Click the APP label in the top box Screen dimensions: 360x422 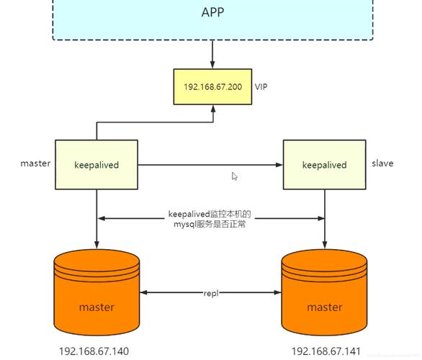click(x=212, y=12)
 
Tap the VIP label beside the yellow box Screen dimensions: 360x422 click(x=261, y=86)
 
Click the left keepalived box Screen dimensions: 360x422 click(x=96, y=165)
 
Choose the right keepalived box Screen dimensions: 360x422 click(x=324, y=165)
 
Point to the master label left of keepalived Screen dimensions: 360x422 click(x=35, y=163)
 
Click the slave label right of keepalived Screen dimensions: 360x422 click(x=382, y=163)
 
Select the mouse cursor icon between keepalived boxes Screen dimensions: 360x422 click(x=235, y=176)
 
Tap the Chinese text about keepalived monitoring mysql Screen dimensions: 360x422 click(x=210, y=219)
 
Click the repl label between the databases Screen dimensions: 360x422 click(x=210, y=293)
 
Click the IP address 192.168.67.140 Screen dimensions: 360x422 click(x=94, y=351)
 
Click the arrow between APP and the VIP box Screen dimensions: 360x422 click(x=212, y=55)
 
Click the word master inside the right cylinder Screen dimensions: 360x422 click(x=324, y=307)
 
